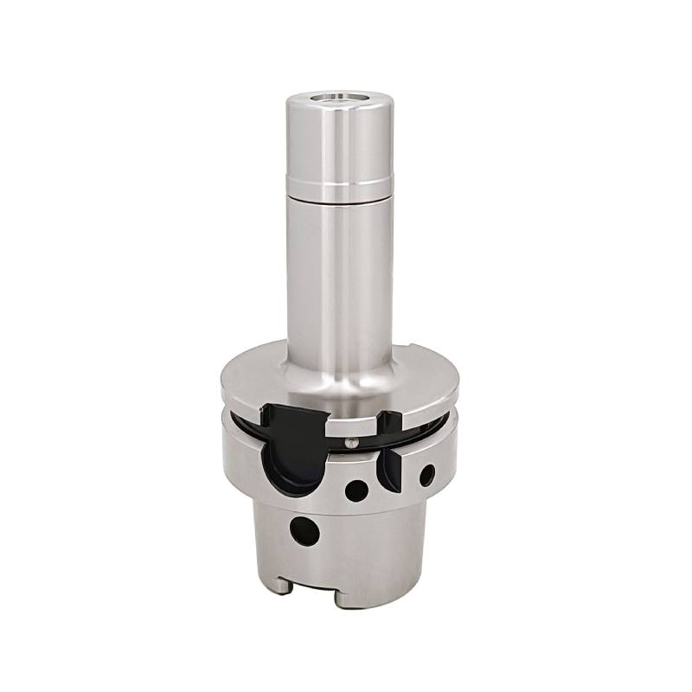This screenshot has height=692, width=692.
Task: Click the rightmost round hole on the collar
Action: [x=426, y=473]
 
